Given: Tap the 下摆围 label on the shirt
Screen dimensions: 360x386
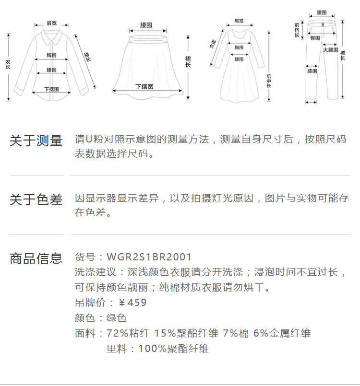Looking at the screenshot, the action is [51, 89].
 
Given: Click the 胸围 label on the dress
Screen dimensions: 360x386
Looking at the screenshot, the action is [239, 47].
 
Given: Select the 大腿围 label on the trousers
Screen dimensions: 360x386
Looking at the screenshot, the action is [330, 50].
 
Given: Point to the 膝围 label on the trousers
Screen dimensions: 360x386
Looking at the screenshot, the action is [312, 71].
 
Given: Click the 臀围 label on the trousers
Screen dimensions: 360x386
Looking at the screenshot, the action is [315, 37].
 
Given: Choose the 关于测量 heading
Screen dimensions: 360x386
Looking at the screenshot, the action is [36, 141].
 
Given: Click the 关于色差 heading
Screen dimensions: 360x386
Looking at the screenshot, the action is [36, 199].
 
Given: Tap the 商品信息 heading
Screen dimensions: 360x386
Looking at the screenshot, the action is [36, 258].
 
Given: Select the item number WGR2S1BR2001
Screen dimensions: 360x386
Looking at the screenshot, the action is [149, 257].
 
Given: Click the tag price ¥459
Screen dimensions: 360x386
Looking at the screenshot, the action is [132, 303].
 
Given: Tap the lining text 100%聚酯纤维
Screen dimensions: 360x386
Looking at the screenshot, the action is [173, 349].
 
